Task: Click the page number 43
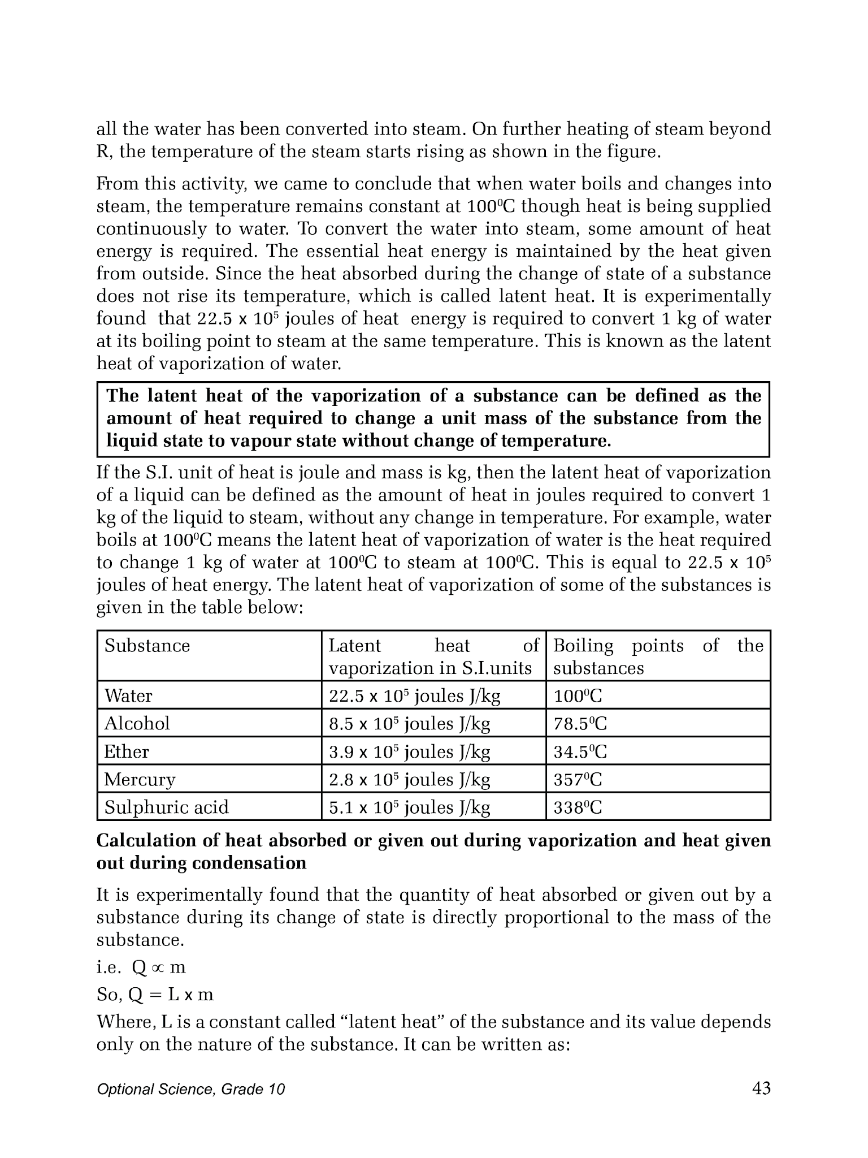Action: [x=761, y=1088]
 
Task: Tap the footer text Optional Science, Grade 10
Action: [x=190, y=1090]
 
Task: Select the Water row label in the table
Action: [x=128, y=695]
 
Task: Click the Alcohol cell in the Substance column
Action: [x=137, y=723]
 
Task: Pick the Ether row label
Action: [x=127, y=751]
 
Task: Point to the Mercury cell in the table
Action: [x=140, y=780]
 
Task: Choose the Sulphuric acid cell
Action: [x=167, y=807]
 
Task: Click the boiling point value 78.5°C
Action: [x=580, y=724]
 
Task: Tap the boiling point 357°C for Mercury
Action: [x=578, y=780]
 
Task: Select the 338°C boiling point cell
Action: [x=578, y=807]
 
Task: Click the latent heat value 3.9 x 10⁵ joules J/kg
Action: [x=409, y=751]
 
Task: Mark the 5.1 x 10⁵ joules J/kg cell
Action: [x=409, y=807]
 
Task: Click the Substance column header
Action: [x=147, y=646]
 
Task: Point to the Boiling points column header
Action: [x=658, y=656]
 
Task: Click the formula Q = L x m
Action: [x=171, y=995]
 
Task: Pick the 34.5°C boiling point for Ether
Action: [x=580, y=752]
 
